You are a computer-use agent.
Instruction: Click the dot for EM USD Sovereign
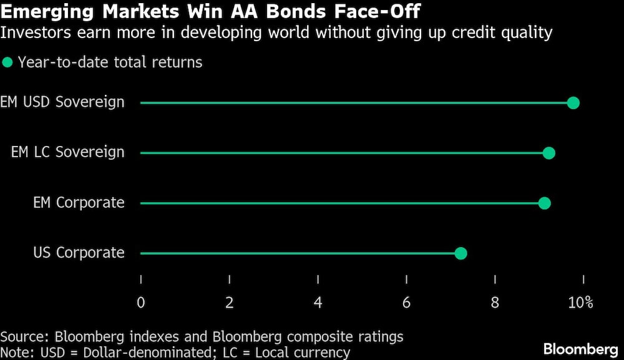pyautogui.click(x=573, y=103)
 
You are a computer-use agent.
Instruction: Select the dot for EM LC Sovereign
pyautogui.click(x=549, y=153)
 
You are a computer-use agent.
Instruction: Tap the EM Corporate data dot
pyautogui.click(x=544, y=203)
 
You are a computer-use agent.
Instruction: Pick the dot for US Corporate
pyautogui.click(x=461, y=253)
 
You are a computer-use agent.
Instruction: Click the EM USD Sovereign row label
pyautogui.click(x=62, y=102)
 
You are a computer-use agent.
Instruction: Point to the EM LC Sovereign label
pyautogui.click(x=68, y=152)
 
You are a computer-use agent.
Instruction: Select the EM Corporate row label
pyautogui.click(x=79, y=203)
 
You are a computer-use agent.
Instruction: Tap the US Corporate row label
pyautogui.click(x=79, y=253)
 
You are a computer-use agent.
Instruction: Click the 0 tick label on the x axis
pyautogui.click(x=141, y=303)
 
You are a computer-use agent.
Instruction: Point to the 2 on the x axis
pyautogui.click(x=230, y=303)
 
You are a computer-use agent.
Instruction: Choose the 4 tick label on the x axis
pyautogui.click(x=318, y=303)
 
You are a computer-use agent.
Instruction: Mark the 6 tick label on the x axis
pyautogui.click(x=407, y=303)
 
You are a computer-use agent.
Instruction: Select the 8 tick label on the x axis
pyautogui.click(x=495, y=303)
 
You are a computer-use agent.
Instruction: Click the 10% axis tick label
pyautogui.click(x=580, y=303)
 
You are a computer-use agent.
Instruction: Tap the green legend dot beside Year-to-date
pyautogui.click(x=7, y=62)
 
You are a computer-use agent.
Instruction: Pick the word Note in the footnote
pyautogui.click(x=16, y=353)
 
